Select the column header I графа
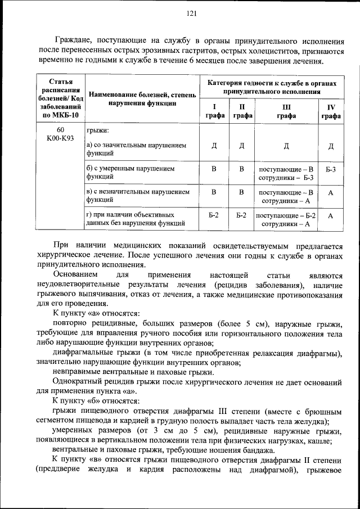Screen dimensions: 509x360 click(214, 111)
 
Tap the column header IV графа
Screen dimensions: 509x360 click(331, 111)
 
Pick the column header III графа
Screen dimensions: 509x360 click(286, 111)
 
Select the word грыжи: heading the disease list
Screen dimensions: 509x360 click(98, 130)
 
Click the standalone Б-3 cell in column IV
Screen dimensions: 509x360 click(331, 169)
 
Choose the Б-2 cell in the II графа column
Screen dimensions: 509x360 click(242, 215)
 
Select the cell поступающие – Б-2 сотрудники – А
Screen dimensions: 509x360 click(286, 219)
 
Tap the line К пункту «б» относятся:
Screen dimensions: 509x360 click(96, 400)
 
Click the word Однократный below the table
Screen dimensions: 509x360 click(80, 381)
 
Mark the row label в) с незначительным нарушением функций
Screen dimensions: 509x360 click(138, 196)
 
